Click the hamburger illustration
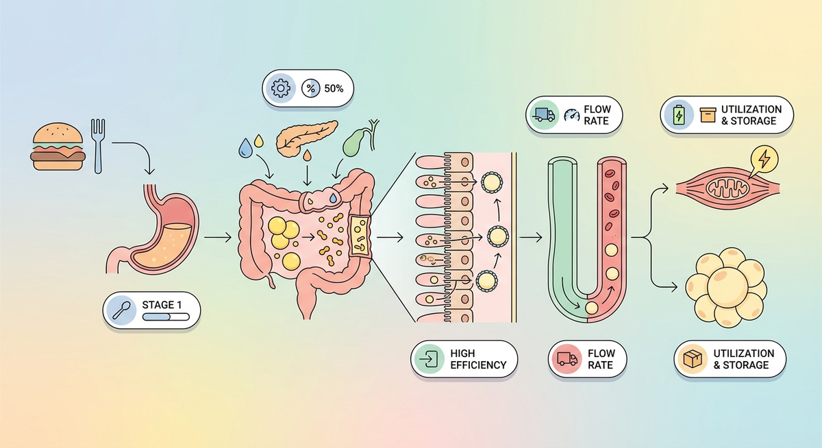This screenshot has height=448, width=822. (58, 147)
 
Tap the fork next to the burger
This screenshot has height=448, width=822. (97, 144)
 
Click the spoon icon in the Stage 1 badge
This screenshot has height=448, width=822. (121, 309)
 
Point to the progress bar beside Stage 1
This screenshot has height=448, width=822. (164, 317)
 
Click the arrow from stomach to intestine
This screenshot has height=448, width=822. (217, 238)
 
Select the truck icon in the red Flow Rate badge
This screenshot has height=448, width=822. (566, 359)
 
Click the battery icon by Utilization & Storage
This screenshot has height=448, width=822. (679, 115)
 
